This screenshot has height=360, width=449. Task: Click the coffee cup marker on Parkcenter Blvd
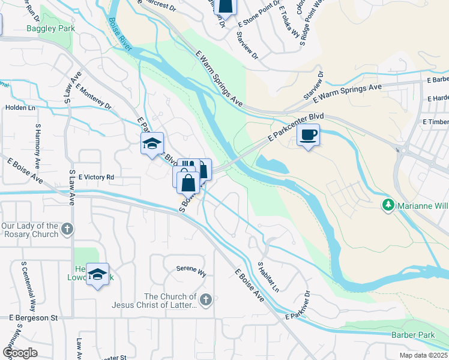[308, 135]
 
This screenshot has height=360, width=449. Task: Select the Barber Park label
[407, 334]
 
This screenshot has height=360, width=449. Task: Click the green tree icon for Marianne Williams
[388, 205]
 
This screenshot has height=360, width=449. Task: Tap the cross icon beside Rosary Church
[68, 229]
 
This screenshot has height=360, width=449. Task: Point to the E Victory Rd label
[96, 178]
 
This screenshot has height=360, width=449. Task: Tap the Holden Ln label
[17, 107]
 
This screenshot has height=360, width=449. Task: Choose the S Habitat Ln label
[268, 277]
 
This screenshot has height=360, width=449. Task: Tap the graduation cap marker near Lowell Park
[97, 274]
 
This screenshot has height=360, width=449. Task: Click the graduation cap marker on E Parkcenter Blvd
[152, 143]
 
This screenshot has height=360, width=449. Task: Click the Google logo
[20, 352]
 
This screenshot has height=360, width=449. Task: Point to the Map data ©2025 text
[423, 355]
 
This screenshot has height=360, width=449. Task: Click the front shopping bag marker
[188, 182]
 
